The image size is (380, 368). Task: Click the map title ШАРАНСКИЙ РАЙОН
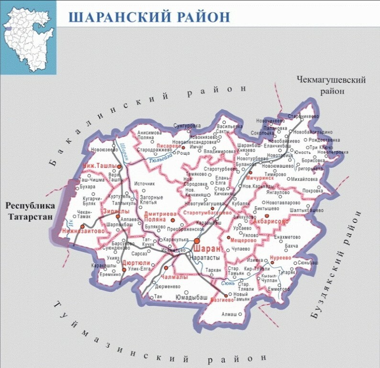click(149, 17)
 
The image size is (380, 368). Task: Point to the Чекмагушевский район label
click(331, 84)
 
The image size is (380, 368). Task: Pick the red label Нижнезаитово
click(81, 231)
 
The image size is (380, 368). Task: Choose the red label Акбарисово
click(272, 222)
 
